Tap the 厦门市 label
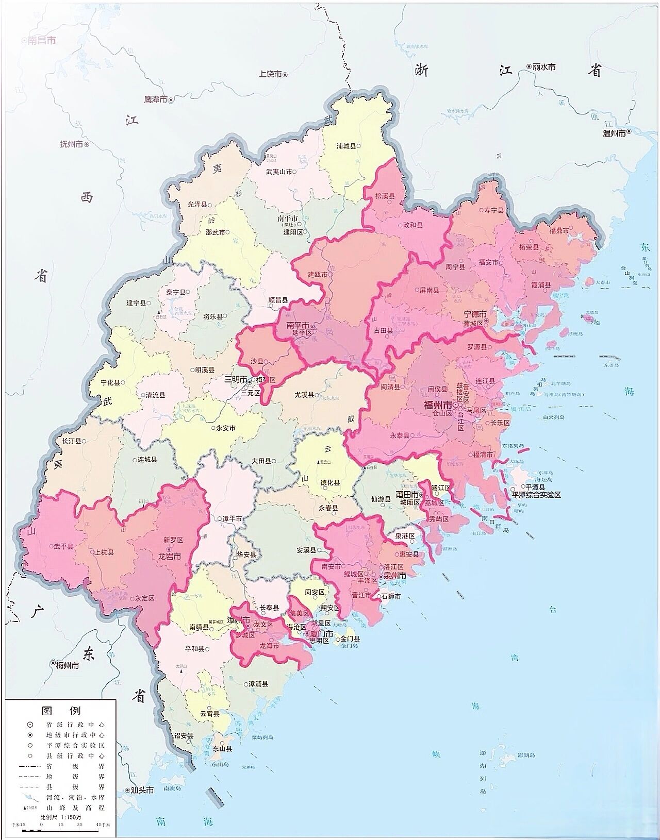coord(318,633)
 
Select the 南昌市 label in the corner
coord(41,40)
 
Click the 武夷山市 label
coord(279,172)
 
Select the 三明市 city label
coord(235,380)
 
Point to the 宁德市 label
coord(475,314)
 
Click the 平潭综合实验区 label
coord(536,494)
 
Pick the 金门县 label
coord(350,639)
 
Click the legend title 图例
coord(61,711)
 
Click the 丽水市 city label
coord(544,67)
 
